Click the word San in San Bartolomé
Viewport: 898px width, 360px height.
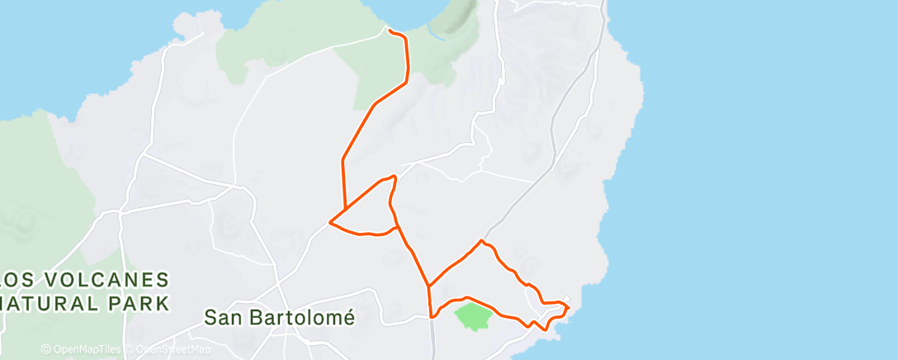pos(223,317)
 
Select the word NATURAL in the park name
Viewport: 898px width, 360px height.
pos(50,302)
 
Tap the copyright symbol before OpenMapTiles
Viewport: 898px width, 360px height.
pos(45,350)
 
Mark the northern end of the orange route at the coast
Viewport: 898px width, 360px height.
pos(389,31)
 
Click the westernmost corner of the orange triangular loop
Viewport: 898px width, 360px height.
pos(330,221)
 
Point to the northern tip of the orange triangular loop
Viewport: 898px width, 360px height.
pos(395,176)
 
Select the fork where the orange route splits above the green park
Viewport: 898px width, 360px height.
pos(428,287)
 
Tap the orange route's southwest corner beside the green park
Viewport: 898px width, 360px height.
pos(432,315)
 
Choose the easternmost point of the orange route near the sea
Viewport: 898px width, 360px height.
pos(569,307)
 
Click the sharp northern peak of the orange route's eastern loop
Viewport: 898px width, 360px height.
pos(481,240)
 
